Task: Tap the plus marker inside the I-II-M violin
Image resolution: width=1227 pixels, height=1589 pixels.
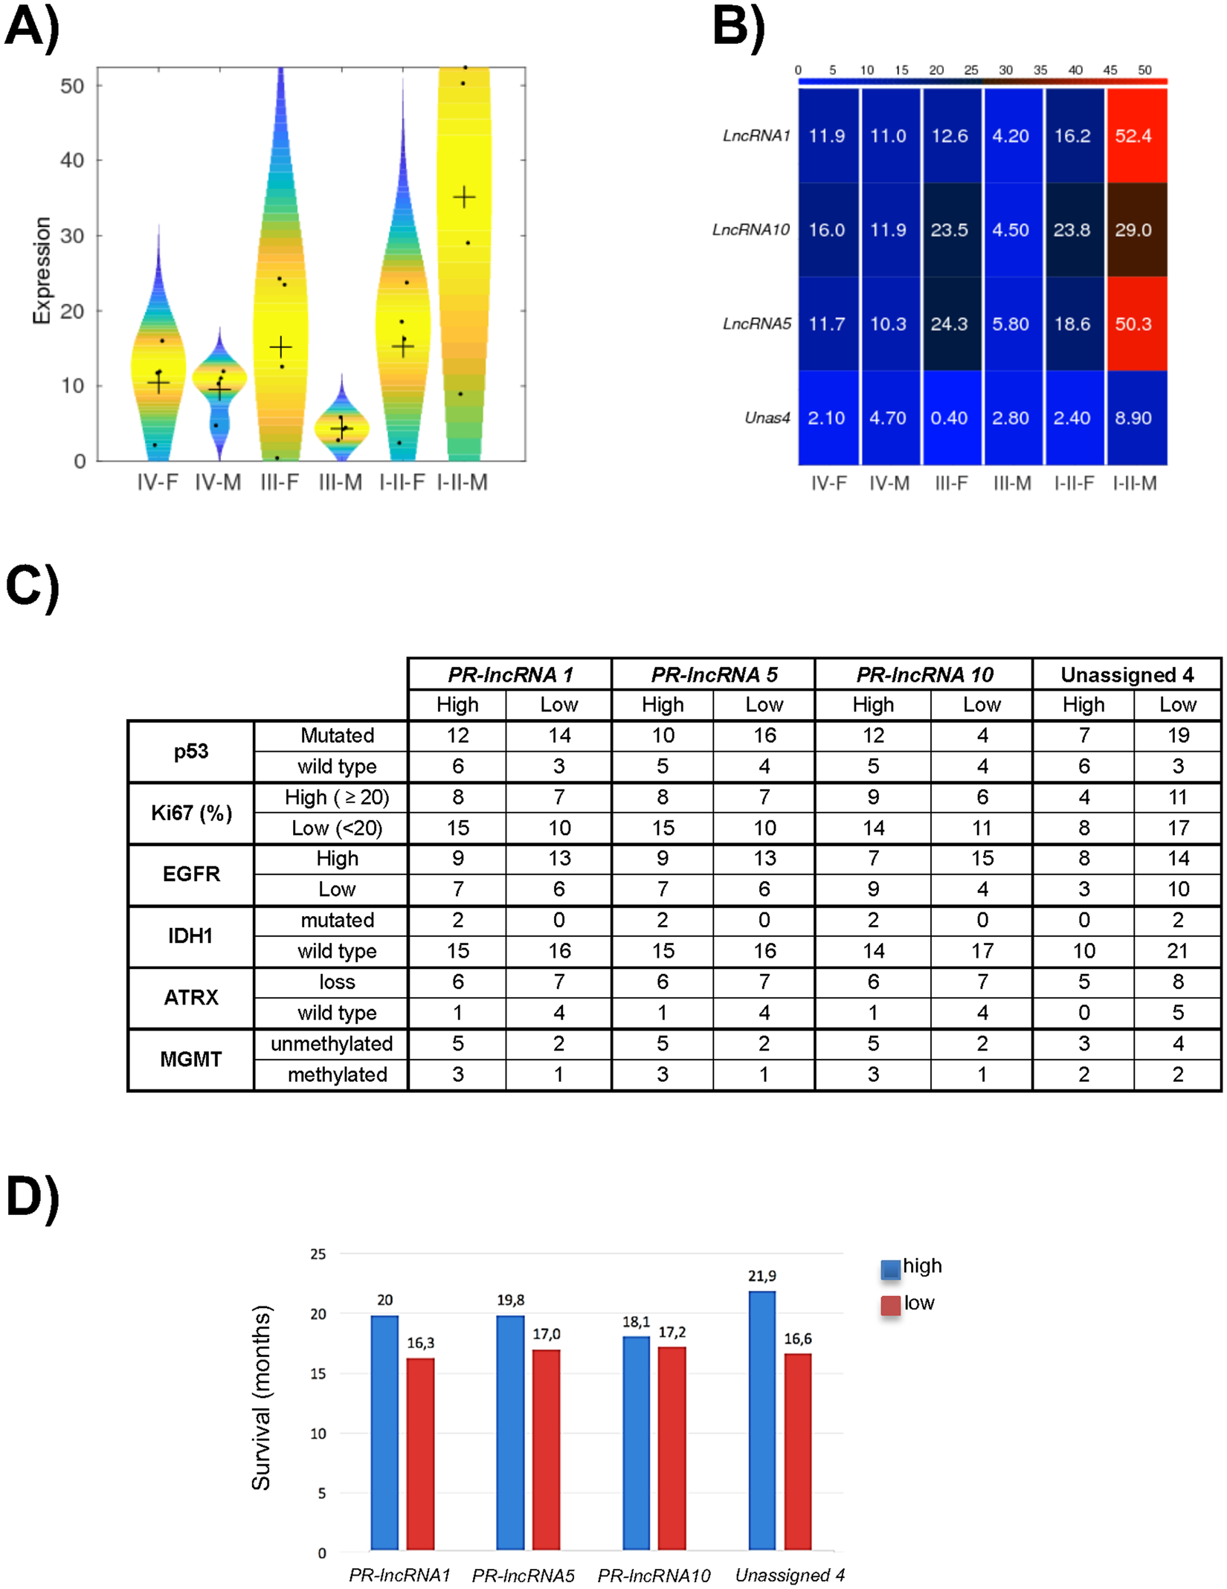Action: point(464,197)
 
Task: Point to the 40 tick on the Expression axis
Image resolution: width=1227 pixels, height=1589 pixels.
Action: point(72,160)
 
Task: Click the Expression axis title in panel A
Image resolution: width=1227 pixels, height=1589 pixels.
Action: point(42,270)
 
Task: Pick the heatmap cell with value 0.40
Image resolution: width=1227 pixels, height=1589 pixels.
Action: point(950,418)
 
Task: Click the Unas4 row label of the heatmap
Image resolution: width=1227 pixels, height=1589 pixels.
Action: point(767,418)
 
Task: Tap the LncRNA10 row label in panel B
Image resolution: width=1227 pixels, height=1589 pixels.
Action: point(750,230)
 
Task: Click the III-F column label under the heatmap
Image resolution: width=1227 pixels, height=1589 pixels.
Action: point(950,483)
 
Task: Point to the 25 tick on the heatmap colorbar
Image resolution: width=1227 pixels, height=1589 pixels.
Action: point(970,70)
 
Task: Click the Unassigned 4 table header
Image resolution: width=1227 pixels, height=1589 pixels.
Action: point(1126,674)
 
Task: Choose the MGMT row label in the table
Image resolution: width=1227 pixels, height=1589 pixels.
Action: point(190,1059)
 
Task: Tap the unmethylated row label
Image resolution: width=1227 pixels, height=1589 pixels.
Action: point(332,1043)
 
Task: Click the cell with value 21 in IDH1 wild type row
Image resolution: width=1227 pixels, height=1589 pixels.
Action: point(1177,951)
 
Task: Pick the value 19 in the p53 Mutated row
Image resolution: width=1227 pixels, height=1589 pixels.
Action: point(1177,735)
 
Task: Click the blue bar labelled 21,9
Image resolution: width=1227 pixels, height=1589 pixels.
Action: point(761,1420)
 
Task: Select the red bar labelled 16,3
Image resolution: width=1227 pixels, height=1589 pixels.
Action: point(420,1454)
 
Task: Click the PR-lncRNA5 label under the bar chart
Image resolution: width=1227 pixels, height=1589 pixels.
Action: point(523,1575)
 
